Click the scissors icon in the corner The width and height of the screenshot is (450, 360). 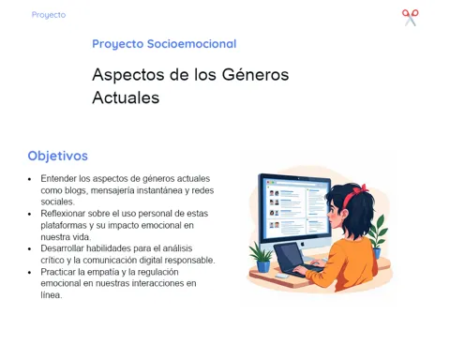411,18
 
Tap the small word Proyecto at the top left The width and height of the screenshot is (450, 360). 49,15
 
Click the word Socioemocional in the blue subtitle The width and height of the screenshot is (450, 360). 191,44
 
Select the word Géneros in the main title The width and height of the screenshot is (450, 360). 255,75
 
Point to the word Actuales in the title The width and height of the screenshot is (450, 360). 126,97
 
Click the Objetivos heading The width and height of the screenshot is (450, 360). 58,156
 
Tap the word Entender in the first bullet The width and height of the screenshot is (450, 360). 58,178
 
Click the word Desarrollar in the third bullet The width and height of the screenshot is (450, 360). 62,248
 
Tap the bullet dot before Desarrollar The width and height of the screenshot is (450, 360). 30,249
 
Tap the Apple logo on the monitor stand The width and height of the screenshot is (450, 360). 302,244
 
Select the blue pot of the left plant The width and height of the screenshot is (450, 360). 263,266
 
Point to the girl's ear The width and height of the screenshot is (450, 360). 344,214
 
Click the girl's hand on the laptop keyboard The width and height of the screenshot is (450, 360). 300,270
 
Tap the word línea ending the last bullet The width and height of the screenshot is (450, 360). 52,295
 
